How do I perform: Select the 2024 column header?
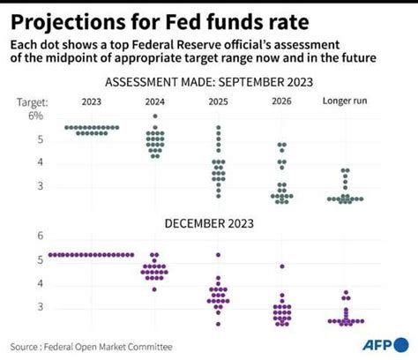155,101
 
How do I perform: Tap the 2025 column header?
219,101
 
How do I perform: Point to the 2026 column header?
280,101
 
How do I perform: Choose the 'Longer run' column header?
346,101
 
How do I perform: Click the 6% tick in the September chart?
34,116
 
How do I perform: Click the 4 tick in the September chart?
38,162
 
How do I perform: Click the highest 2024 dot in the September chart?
155,116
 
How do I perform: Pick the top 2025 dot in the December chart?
219,255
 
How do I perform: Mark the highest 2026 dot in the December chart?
281,266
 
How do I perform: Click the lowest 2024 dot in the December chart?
155,289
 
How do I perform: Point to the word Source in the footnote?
28,346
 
